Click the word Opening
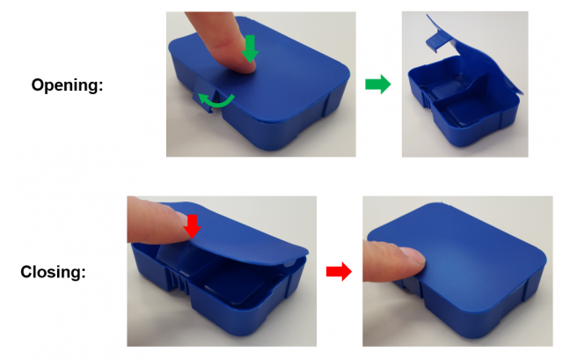click(x=67, y=85)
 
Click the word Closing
click(x=53, y=272)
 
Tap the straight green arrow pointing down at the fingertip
click(x=250, y=49)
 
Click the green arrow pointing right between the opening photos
click(x=378, y=84)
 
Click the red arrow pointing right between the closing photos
click(x=339, y=272)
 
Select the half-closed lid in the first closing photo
click(x=233, y=233)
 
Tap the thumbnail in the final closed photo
click(x=413, y=254)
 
